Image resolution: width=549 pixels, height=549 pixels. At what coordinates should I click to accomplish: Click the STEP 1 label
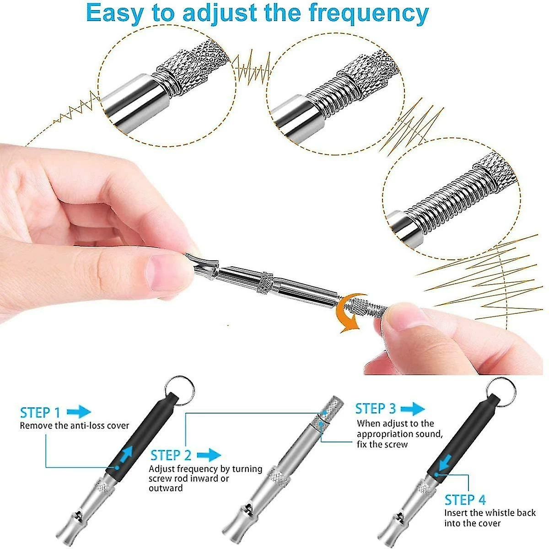click(x=40, y=412)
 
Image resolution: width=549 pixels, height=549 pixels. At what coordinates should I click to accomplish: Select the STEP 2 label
click(x=171, y=455)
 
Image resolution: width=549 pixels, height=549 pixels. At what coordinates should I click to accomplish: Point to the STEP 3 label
click(x=376, y=409)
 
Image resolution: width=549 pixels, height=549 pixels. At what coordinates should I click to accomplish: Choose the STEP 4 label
click(x=465, y=500)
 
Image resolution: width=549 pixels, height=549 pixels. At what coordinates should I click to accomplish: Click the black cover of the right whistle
click(x=462, y=435)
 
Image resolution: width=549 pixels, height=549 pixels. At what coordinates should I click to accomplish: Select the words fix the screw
click(x=382, y=444)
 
